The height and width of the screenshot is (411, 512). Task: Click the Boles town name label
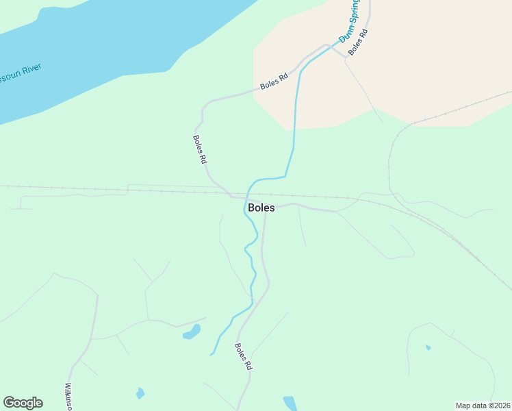[261, 208]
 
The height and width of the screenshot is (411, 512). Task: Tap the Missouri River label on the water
[21, 74]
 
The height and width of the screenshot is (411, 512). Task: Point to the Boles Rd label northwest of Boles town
[200, 148]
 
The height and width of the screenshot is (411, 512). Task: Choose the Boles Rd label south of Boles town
[244, 357]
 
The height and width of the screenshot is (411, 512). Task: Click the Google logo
[23, 403]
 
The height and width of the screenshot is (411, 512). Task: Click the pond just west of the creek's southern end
[192, 333]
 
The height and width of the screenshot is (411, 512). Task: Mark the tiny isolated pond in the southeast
[428, 347]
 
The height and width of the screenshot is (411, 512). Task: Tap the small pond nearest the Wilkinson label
[140, 393]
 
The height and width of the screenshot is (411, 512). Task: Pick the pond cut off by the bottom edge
[290, 403]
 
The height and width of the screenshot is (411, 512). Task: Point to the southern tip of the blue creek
[212, 353]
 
